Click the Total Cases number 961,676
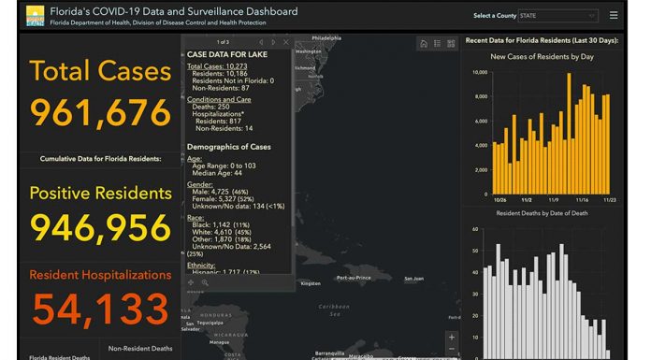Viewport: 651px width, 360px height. pyautogui.click(x=101, y=111)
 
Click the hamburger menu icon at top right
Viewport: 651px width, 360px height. pyautogui.click(x=614, y=15)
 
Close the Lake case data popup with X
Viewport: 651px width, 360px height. pyautogui.click(x=285, y=42)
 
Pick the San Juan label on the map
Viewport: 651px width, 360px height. pyautogui.click(x=413, y=278)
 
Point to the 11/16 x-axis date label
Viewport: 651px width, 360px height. pyautogui.click(x=582, y=198)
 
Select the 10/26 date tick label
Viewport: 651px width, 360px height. pyautogui.click(x=501, y=198)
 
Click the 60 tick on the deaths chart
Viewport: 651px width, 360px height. pyautogui.click(x=475, y=229)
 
